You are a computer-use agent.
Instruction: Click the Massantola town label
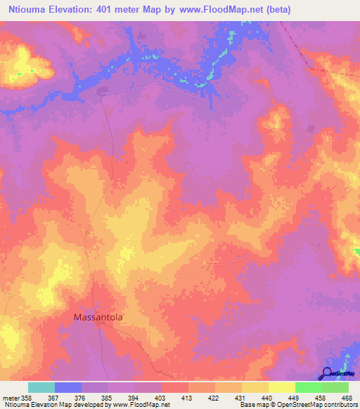(98, 318)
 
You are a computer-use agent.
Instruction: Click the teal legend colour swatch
(41, 387)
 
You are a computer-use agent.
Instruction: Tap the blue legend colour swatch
(68, 387)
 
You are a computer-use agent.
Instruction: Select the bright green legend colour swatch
(309, 387)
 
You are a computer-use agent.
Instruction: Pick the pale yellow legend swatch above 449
(282, 387)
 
